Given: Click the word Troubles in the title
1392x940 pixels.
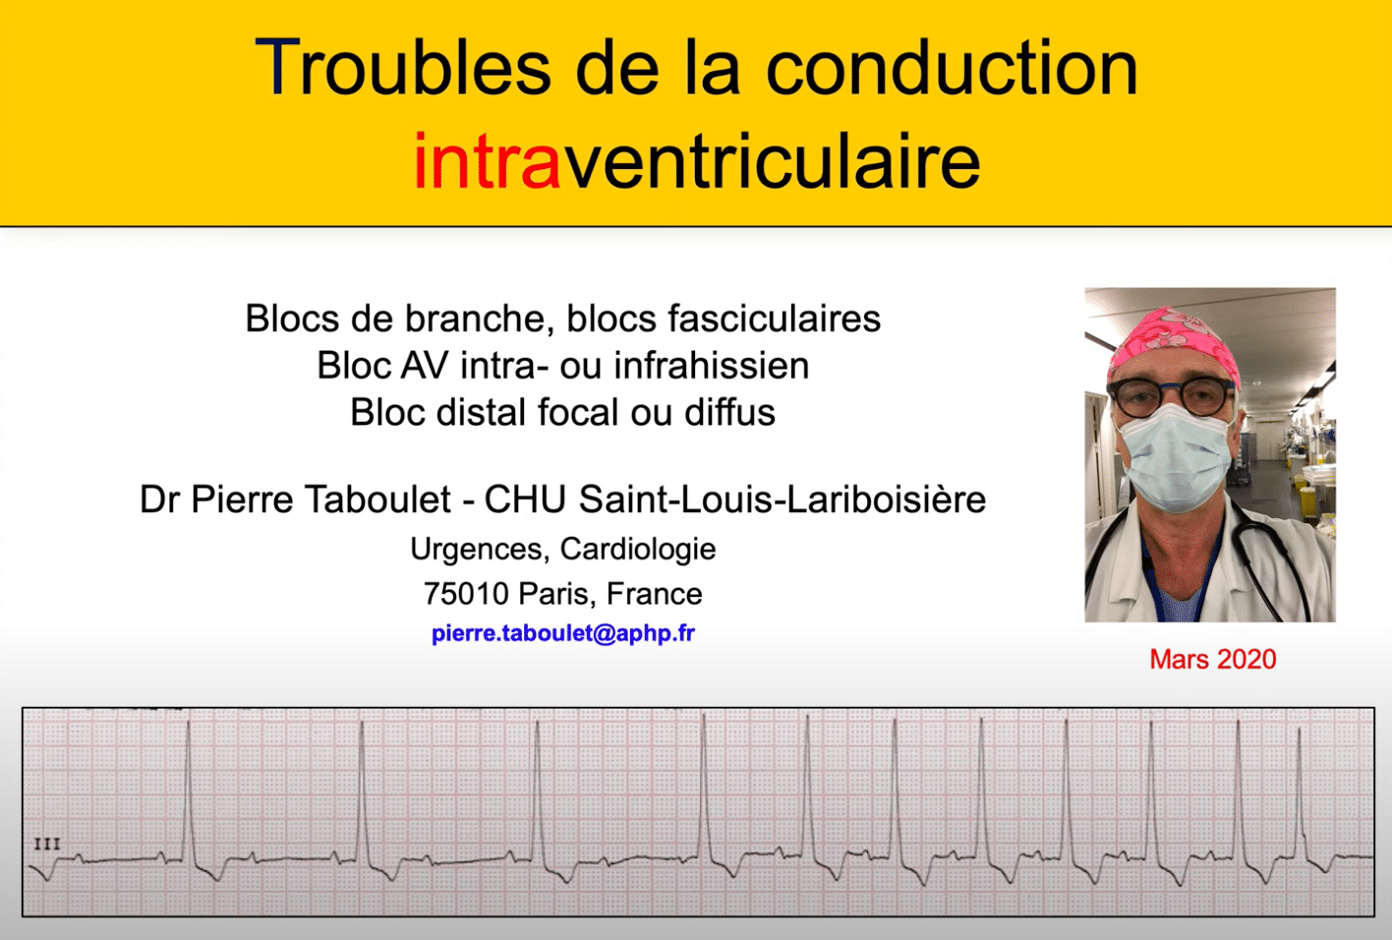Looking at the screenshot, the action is (x=403, y=68).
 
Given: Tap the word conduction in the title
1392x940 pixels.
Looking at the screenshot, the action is (x=952, y=68).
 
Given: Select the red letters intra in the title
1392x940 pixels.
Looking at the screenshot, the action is (x=487, y=161).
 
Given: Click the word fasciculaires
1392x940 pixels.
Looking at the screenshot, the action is (x=774, y=319).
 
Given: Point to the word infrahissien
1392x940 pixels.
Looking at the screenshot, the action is (x=712, y=366).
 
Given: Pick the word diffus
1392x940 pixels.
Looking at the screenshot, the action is (x=730, y=412).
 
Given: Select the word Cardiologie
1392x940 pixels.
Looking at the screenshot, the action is (x=638, y=550).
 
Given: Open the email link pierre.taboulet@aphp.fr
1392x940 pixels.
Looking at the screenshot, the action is (x=563, y=633).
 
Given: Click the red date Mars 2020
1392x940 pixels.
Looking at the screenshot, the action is (x=1212, y=660).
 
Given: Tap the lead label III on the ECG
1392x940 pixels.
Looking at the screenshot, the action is (x=47, y=844).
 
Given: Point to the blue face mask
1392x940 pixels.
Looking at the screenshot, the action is (x=1176, y=459).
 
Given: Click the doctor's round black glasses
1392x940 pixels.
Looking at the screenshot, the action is (x=1171, y=396).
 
